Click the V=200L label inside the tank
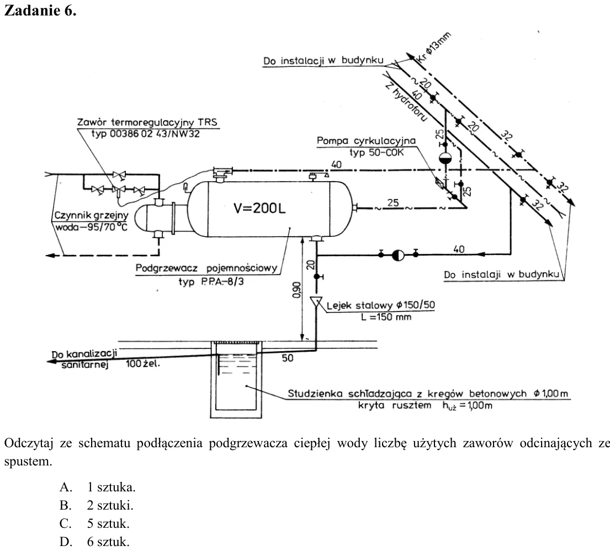click(259, 208)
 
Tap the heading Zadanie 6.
click(40, 10)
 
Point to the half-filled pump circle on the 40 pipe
click(398, 255)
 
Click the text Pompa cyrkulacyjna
click(366, 140)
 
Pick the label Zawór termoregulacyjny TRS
click(147, 122)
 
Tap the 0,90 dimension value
click(296, 290)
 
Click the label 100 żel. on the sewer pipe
click(143, 364)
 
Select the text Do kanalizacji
click(84, 354)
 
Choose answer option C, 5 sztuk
click(94, 523)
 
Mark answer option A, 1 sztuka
click(98, 487)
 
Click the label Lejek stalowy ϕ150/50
click(380, 305)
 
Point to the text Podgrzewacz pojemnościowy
click(206, 268)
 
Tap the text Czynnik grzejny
click(91, 215)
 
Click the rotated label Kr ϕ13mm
click(433, 47)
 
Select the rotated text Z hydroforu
click(406, 102)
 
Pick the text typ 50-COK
click(376, 152)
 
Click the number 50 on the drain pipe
click(288, 358)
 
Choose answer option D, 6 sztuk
click(94, 542)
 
